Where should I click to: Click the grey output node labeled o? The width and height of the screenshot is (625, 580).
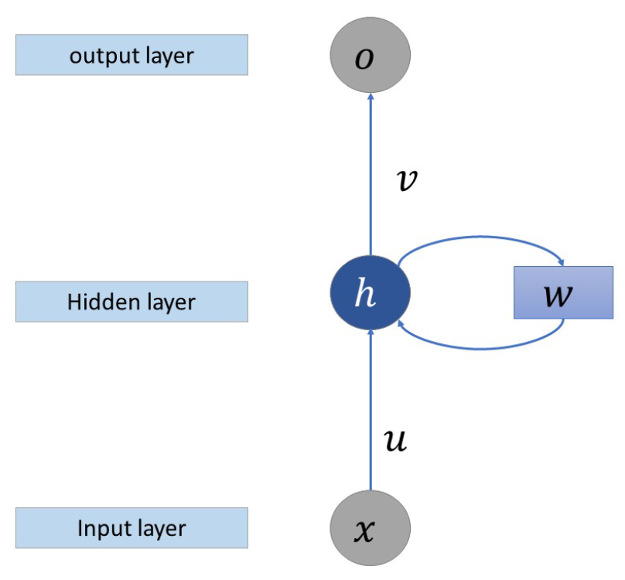pyautogui.click(x=371, y=56)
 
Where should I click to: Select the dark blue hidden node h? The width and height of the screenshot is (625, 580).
pyautogui.click(x=371, y=293)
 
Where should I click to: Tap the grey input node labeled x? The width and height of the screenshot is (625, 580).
pyautogui.click(x=371, y=530)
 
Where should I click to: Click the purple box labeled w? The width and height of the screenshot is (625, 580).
pyautogui.click(x=563, y=292)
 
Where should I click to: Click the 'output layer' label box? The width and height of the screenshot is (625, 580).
pyautogui.click(x=131, y=56)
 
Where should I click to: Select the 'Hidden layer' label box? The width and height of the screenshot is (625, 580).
pyautogui.click(x=131, y=301)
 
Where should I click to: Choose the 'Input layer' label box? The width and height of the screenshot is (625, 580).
pyautogui.click(x=131, y=528)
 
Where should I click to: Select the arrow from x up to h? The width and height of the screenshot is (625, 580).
pyautogui.click(x=371, y=410)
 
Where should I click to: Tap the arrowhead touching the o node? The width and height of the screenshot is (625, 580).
pyautogui.click(x=371, y=98)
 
